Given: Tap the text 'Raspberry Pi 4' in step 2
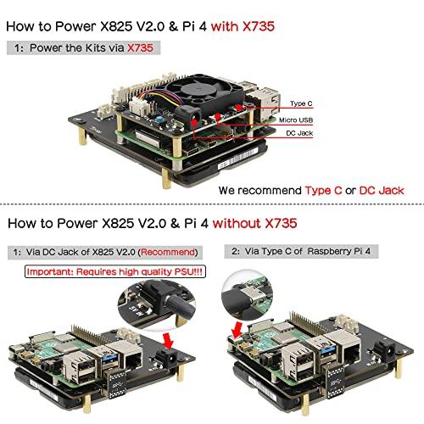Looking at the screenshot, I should pos(347,253).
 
